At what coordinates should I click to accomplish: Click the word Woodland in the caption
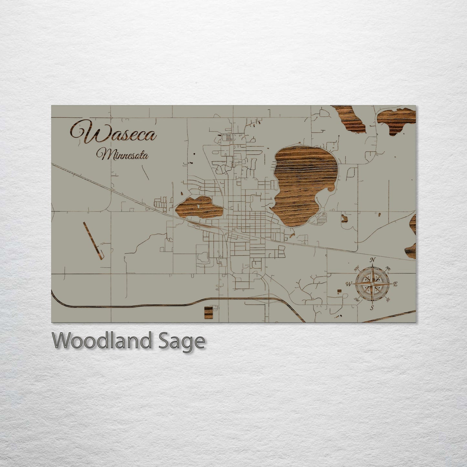coord(101,341)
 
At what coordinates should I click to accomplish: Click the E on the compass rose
coord(395,284)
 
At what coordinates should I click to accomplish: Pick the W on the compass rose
coord(349,284)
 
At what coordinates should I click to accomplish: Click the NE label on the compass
coord(388,268)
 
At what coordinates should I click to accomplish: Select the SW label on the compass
coord(356,299)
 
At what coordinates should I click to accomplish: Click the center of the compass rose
coord(372,284)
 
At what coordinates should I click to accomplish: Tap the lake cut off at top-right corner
coord(398,121)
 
